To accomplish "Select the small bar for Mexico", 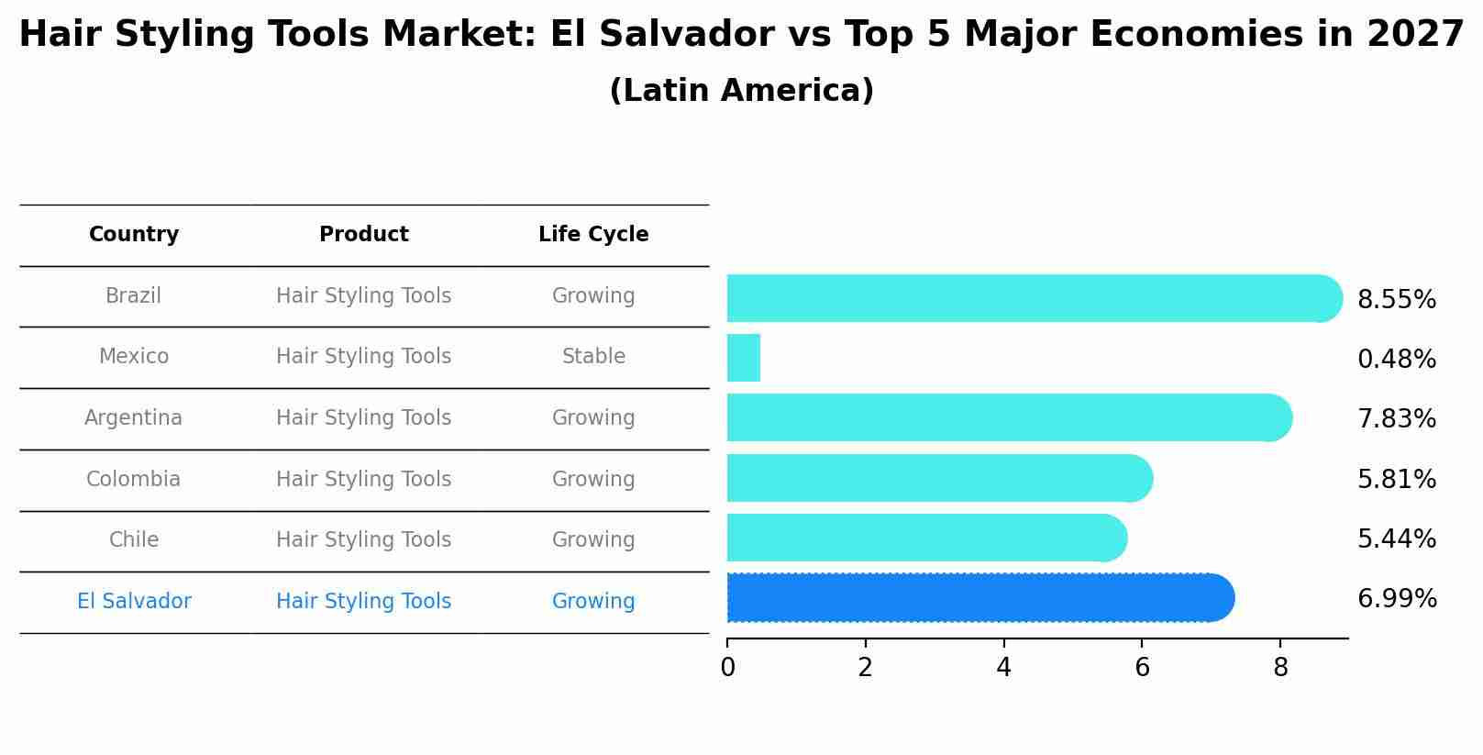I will pos(744,358).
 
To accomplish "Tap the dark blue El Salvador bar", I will pos(977,598).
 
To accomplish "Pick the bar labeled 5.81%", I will pos(935,478).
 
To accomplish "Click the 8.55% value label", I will pos(1396,300).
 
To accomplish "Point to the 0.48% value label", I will pos(1396,360).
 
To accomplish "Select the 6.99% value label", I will pos(1396,599).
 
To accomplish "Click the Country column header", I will pos(134,235).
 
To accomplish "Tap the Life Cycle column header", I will pos(593,235).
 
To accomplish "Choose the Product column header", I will pos(364,235).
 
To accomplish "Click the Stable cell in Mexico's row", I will pos(593,357).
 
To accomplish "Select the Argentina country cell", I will pos(134,418).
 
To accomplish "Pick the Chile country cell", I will pos(134,540).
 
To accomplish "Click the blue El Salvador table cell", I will pos(134,602).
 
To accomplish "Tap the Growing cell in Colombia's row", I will pos(593,480).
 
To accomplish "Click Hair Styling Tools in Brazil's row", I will pos(364,296).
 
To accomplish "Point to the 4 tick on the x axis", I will pos(1003,668).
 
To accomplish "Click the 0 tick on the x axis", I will pos(727,668).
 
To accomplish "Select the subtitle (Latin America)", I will pos(741,91).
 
